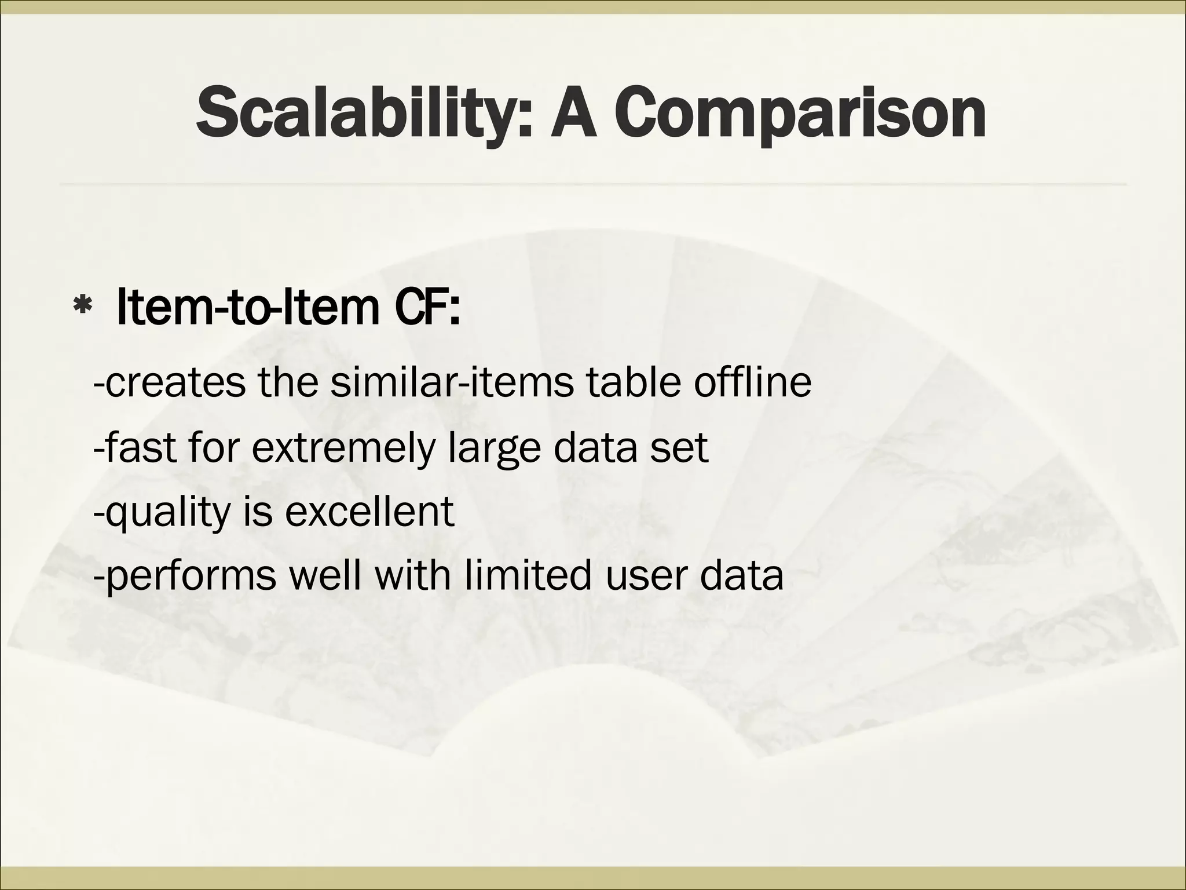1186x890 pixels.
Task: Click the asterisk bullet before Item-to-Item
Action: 83,309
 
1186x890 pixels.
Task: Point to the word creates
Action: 176,383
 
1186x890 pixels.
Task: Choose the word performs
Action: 192,576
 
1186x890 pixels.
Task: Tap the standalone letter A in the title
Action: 573,114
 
